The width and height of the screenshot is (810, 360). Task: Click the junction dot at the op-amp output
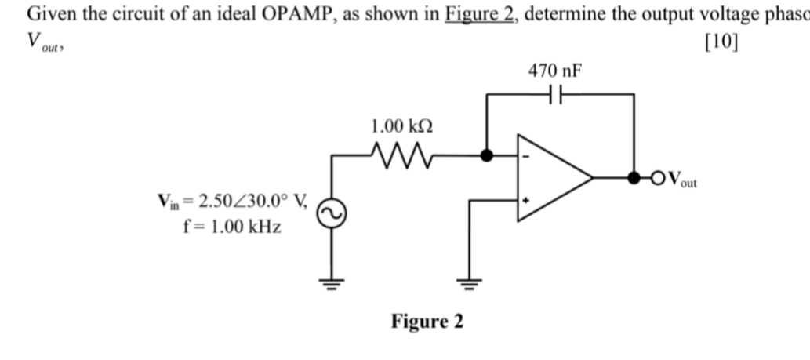coord(633,178)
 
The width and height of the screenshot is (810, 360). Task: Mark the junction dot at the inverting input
coord(486,155)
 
